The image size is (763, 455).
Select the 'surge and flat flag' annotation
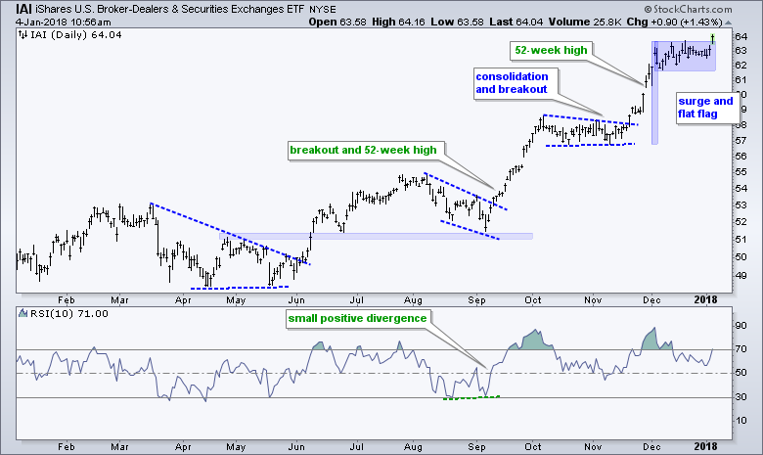click(704, 108)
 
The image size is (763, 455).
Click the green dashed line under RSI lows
click(471, 396)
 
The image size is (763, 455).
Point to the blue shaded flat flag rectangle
click(683, 55)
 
